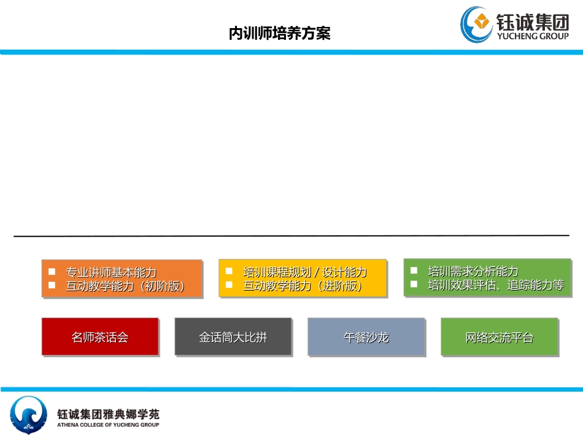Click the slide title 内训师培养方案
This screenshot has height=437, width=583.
point(279,34)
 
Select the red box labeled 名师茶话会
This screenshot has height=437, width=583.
point(100,337)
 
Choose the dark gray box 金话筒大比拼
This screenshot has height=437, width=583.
point(233,337)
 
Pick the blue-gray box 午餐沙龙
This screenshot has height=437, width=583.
point(366,337)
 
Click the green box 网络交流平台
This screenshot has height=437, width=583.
point(500,337)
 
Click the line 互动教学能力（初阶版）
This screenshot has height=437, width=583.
point(126,286)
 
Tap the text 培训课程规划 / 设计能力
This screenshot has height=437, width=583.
point(305,272)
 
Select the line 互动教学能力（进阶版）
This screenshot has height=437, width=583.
point(303,286)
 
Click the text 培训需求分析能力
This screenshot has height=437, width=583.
point(473,271)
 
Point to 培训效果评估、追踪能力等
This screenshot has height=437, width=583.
point(496,285)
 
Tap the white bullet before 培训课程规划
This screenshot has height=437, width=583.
point(229,271)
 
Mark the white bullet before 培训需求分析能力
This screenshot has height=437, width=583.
point(414,270)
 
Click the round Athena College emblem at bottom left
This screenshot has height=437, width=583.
point(28,414)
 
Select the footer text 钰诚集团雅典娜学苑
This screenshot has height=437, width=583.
point(108,414)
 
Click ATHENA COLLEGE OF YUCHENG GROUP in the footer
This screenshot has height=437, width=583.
point(108,425)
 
